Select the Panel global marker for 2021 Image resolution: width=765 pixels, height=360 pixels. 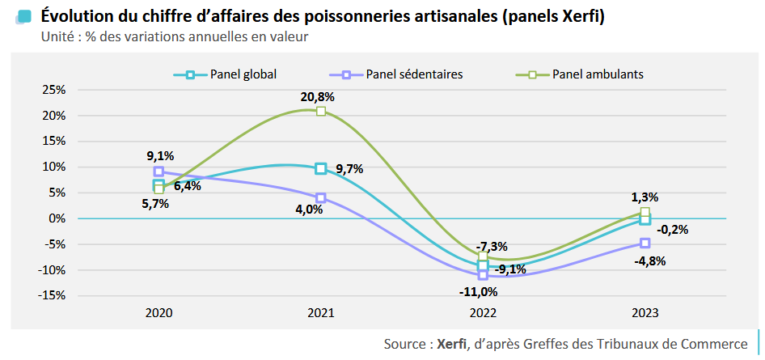(321, 168)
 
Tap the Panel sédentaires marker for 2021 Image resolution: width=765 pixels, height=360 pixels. (321, 197)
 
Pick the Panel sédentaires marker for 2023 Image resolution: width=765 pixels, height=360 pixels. (645, 243)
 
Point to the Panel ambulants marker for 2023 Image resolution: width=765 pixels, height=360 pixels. (645, 212)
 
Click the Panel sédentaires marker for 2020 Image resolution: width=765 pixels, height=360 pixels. (158, 172)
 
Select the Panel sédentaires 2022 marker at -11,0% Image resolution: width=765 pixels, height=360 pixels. (483, 275)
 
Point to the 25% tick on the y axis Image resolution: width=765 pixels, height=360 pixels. (53, 90)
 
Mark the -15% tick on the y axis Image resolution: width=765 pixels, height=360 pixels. (52, 295)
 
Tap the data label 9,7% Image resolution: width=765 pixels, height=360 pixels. (349, 169)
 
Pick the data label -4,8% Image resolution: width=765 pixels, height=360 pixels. (651, 260)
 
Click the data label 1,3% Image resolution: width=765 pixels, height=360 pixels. (645, 197)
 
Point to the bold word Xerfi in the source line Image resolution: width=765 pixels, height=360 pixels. (451, 344)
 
